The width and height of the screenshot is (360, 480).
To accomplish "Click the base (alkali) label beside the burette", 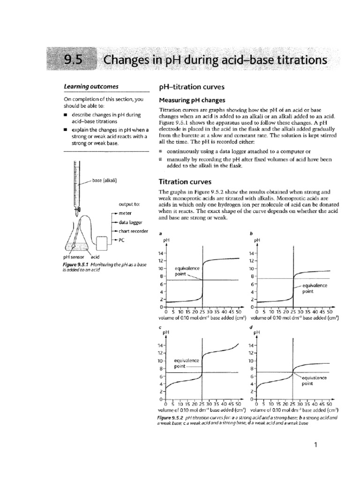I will pos(105,180).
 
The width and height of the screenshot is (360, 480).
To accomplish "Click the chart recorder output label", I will pos(134,232).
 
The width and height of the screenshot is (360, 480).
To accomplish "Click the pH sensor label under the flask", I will pos(73,257).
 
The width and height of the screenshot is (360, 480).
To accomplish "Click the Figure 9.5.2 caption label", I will pos(170,417).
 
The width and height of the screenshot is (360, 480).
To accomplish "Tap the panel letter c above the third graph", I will pos(161,327).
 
